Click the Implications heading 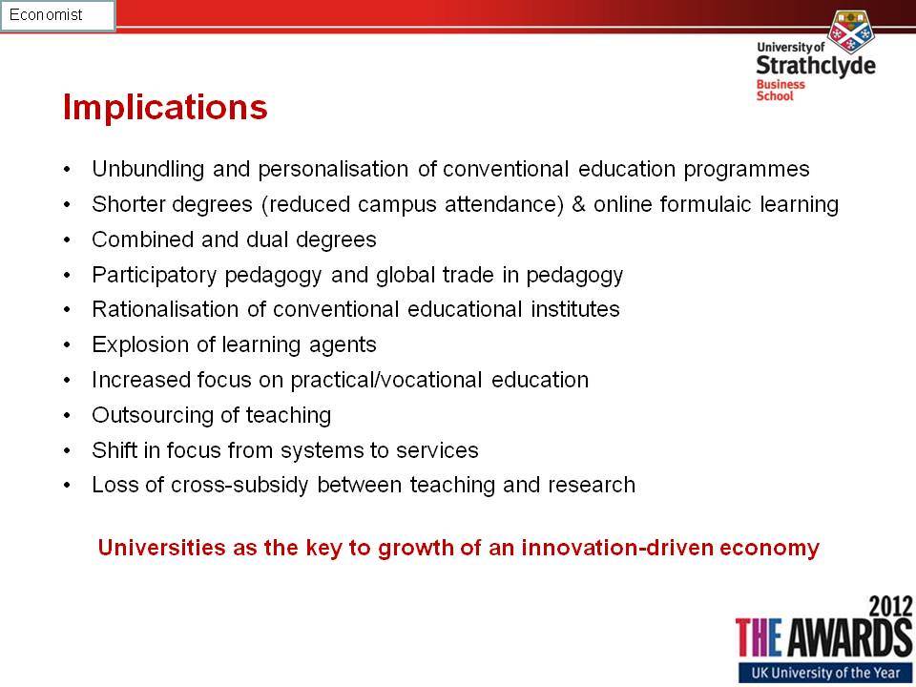[165, 108]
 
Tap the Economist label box [58, 15]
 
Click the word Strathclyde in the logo [816, 66]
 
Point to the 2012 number [889, 606]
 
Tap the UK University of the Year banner [825, 673]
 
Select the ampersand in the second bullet [578, 204]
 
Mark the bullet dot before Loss [68, 486]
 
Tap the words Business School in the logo [781, 90]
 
